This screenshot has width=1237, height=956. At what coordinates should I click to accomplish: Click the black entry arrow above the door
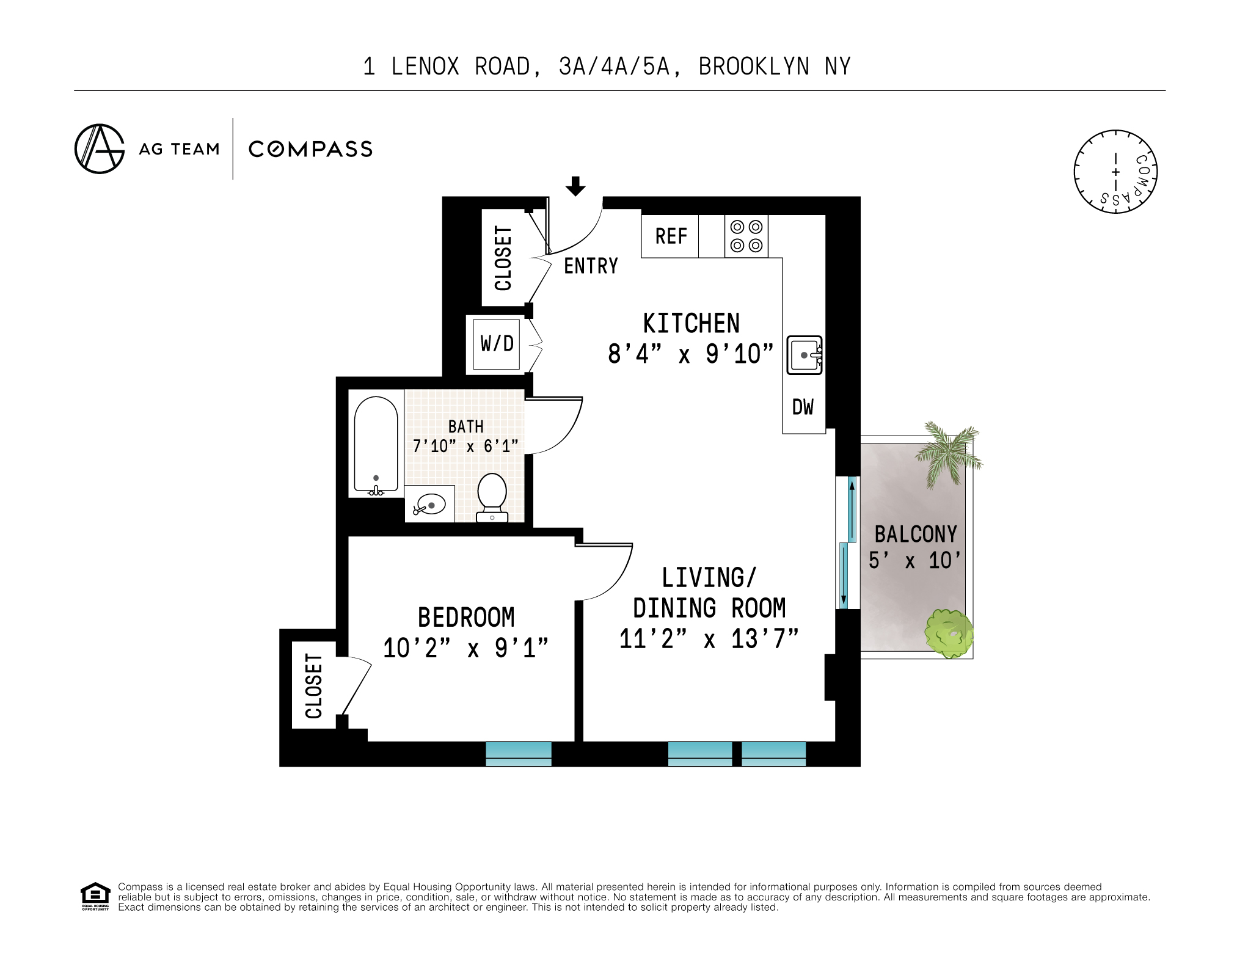[x=575, y=186]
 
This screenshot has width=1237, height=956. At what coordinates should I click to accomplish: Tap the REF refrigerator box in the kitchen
[x=670, y=236]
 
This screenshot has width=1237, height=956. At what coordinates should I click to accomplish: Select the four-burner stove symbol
[x=746, y=236]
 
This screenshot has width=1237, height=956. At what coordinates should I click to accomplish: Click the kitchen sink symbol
[x=804, y=355]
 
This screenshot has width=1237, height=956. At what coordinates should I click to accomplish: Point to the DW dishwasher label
[x=803, y=407]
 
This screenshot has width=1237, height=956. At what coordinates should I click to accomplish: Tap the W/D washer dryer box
[x=497, y=344]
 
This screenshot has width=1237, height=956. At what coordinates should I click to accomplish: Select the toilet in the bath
[x=492, y=496]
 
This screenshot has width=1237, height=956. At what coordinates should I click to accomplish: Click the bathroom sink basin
[x=430, y=505]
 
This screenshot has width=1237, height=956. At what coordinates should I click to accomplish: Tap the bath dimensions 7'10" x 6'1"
[x=465, y=447]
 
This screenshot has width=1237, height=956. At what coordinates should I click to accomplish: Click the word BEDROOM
[x=466, y=618]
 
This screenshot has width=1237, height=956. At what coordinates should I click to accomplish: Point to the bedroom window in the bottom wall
[x=518, y=754]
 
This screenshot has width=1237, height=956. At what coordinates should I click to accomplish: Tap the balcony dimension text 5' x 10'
[x=914, y=560]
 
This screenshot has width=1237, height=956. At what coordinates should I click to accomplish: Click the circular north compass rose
[x=1115, y=172]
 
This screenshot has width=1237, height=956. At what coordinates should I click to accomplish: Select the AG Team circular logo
[x=99, y=149]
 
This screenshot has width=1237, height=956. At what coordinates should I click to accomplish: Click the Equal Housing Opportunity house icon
[x=95, y=896]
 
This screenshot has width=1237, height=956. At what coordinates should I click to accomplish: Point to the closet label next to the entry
[x=503, y=258]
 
